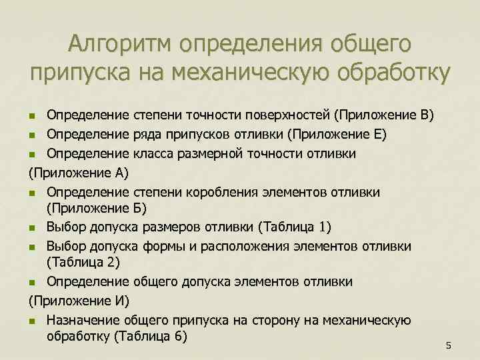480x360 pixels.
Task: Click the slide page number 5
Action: pyautogui.click(x=449, y=345)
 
